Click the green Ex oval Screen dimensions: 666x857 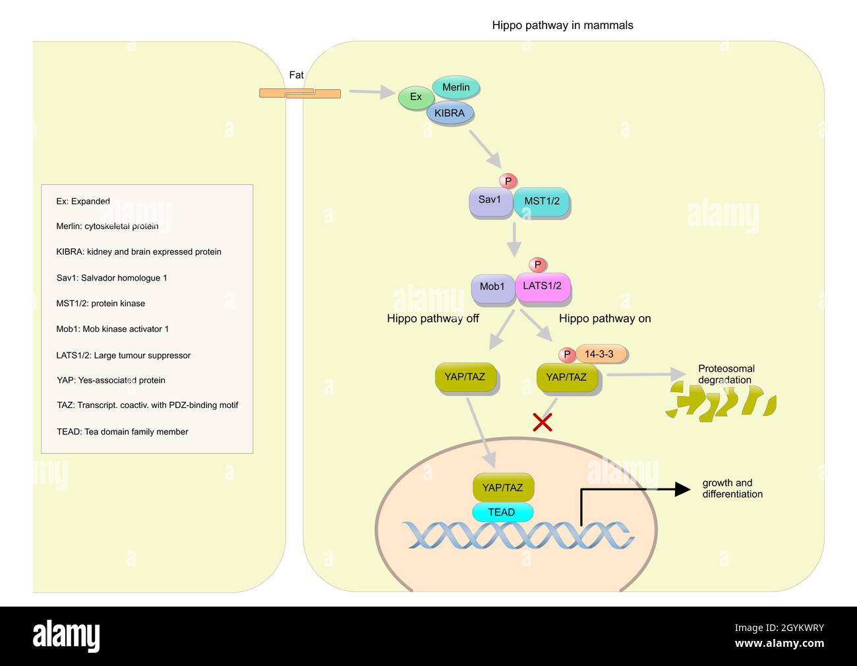point(415,97)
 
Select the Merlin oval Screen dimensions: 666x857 point(456,87)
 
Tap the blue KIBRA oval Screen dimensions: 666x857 point(450,113)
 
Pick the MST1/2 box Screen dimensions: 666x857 point(541,201)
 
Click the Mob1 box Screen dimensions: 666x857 point(492,287)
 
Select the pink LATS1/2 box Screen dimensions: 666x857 point(543,286)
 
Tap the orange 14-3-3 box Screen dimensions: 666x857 point(599,354)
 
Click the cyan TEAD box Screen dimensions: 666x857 point(502,512)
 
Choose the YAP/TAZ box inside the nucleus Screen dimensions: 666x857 point(502,488)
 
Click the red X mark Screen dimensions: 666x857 point(542,422)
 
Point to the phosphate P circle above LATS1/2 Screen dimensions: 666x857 point(537,265)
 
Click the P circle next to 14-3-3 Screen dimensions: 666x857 point(567,355)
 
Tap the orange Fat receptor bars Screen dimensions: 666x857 point(300,94)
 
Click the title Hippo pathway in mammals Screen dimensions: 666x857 point(562,26)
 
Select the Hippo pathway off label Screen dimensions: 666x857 point(432,319)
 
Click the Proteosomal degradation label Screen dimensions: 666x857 point(726,374)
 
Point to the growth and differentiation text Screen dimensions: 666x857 point(732,488)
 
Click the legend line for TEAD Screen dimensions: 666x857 point(123,432)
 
